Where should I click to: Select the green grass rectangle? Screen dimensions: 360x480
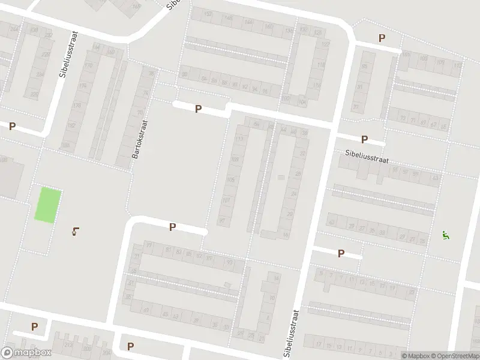pyautogui.click(x=47, y=205)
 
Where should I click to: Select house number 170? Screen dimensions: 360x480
pyautogui.click(x=89, y=65)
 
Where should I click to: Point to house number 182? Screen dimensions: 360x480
pyautogui.click(x=71, y=125)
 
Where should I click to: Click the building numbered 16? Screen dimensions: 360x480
pyautogui.click(x=285, y=236)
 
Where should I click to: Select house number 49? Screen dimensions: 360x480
pyautogui.click(x=146, y=309)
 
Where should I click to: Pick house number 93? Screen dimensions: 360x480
pyautogui.click(x=229, y=262)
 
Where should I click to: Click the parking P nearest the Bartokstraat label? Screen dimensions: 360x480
pyautogui.click(x=197, y=109)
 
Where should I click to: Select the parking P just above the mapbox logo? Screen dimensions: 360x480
pyautogui.click(x=34, y=327)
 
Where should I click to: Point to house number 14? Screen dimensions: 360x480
pyautogui.click(x=275, y=278)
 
